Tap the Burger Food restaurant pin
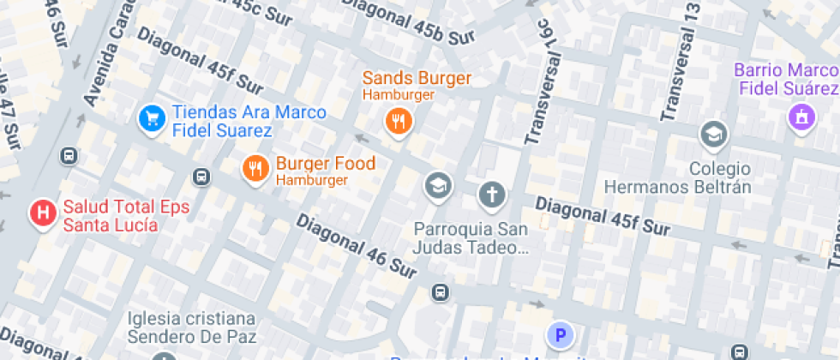coord(255,169)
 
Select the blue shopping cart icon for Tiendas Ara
coord(151,119)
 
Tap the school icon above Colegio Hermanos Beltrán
coord(712,134)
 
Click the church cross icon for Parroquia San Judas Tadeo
coord(491,195)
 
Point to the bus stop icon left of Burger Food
coord(201,177)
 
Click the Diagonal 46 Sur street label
coord(357,247)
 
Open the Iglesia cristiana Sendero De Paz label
coord(192,327)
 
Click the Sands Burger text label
coord(417,79)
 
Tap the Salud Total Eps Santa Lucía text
coord(124,215)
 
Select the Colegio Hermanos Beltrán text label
coord(677,177)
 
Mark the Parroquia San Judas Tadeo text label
coord(470,238)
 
